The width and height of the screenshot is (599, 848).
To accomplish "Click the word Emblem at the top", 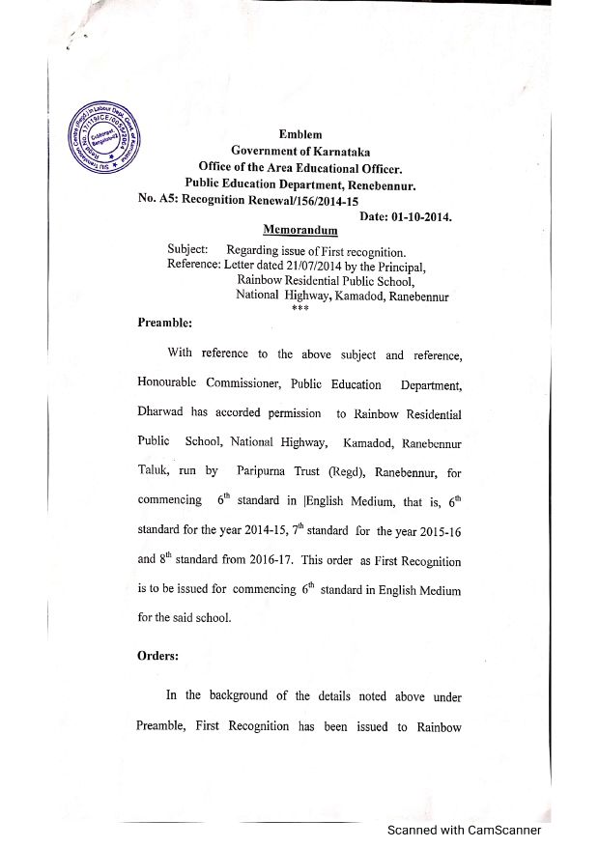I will point(300,135).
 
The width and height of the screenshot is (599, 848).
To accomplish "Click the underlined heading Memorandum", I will point(300,231).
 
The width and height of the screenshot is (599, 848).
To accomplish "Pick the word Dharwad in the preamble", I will point(161,412).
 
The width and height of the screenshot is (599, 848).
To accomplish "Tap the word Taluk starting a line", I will point(154,473).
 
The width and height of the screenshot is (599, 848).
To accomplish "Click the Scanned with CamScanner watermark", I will point(464,830).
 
